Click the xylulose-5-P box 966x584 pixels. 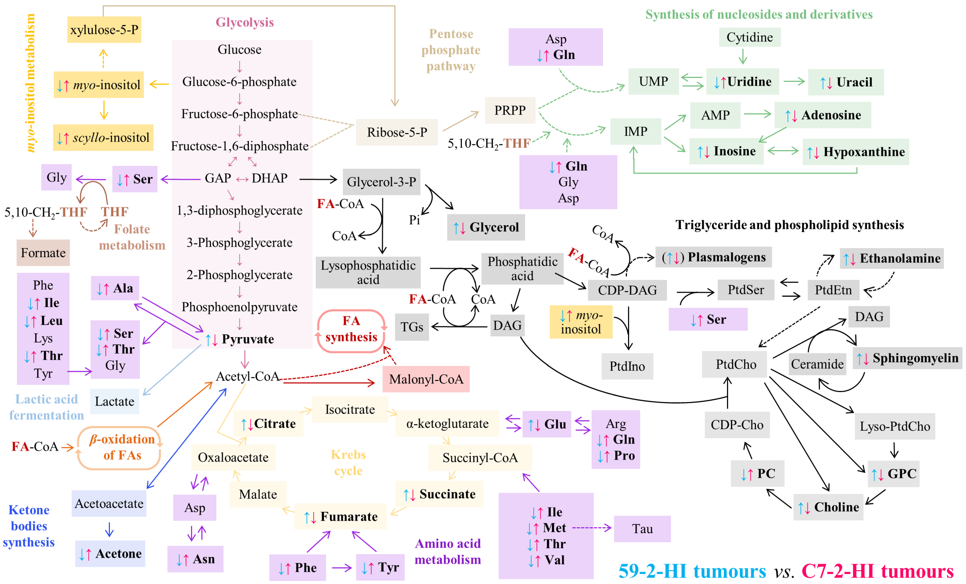tap(104, 30)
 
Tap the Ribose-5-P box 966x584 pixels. tap(396, 132)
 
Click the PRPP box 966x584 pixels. tap(510, 110)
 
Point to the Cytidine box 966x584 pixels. tap(749, 37)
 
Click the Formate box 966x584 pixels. tap(43, 253)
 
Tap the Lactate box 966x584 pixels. tap(114, 401)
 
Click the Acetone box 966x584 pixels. tap(110, 553)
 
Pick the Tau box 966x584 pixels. tap(642, 529)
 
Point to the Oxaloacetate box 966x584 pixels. tap(233, 457)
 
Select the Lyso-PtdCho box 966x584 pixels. tap(895, 426)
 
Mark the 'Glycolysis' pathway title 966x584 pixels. tap(245, 22)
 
